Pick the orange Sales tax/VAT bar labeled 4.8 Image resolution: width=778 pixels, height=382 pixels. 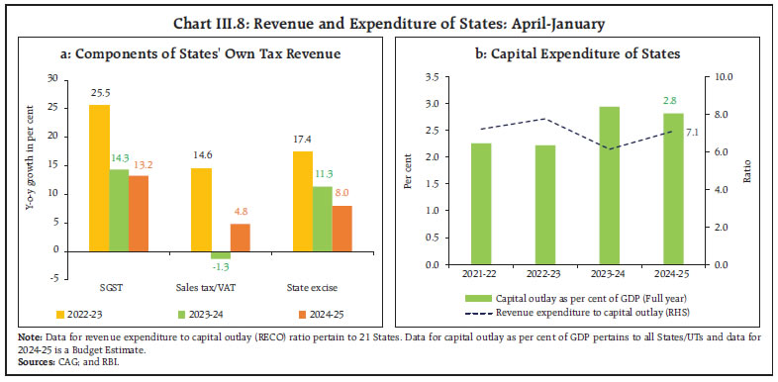click(241, 238)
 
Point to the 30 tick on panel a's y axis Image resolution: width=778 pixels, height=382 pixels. click(53, 76)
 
